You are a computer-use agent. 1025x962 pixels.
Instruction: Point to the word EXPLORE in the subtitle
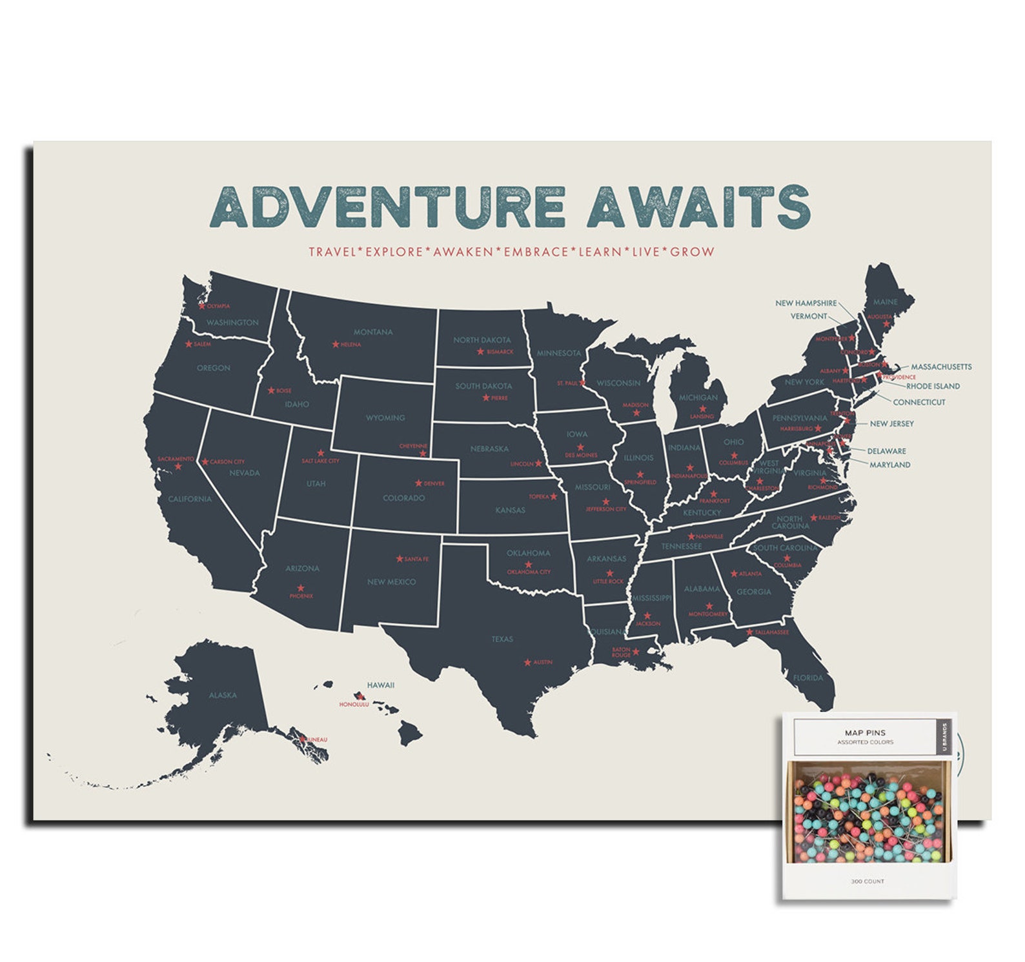[x=394, y=252]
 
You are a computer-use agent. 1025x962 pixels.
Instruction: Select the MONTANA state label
[x=373, y=332]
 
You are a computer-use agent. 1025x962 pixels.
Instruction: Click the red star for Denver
[x=418, y=483]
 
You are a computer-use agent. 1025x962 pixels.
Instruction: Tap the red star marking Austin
[x=527, y=663]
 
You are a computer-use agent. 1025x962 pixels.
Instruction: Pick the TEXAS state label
[x=502, y=639]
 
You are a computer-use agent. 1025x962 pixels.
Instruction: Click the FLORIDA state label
[x=808, y=678]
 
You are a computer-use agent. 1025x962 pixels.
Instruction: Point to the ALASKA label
[x=223, y=696]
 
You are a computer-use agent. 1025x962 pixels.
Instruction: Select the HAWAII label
[x=381, y=685]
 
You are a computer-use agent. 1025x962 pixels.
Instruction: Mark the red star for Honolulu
[x=359, y=696]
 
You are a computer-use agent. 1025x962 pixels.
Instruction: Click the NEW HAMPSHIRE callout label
[x=806, y=303]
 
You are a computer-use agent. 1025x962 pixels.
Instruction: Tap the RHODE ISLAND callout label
[x=933, y=386]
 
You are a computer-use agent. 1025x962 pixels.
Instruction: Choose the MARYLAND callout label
[x=889, y=465]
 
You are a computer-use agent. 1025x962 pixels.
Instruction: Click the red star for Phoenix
[x=301, y=588]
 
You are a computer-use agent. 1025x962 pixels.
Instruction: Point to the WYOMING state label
[x=385, y=418]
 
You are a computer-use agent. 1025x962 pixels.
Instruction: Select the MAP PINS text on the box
[x=865, y=733]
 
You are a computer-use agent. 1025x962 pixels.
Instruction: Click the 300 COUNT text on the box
[x=868, y=881]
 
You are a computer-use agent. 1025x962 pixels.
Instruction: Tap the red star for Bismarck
[x=480, y=352]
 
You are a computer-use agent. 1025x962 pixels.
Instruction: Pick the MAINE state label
[x=885, y=302]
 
